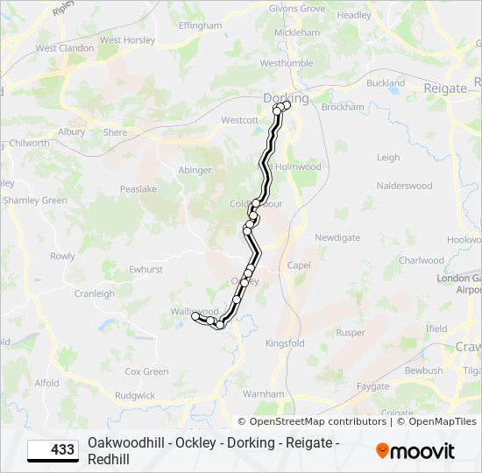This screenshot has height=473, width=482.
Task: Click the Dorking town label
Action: click(287, 98)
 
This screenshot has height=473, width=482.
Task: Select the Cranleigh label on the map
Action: click(95, 293)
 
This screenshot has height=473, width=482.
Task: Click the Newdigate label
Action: click(337, 237)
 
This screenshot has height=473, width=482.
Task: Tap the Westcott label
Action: click(240, 120)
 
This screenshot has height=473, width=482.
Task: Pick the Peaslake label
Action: click(138, 188)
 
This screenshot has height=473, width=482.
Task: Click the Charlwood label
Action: click(422, 260)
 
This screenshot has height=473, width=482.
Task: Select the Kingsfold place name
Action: click(285, 343)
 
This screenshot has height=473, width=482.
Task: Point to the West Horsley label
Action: click(122, 40)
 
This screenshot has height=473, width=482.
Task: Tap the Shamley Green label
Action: click(35, 201)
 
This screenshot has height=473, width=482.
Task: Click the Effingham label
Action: click(201, 26)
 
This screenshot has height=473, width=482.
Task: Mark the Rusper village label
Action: click(351, 333)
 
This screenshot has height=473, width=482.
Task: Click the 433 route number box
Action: click(53, 450)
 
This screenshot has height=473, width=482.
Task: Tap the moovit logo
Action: click(415, 451)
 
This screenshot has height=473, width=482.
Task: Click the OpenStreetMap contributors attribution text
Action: click(317, 421)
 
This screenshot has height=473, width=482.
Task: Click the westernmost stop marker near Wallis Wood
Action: click(196, 317)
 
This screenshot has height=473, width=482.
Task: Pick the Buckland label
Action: click(386, 83)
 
